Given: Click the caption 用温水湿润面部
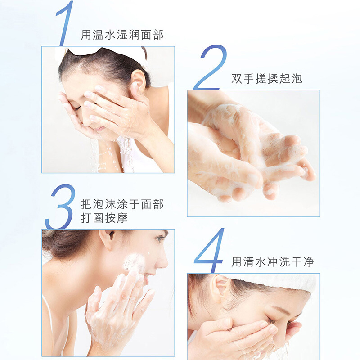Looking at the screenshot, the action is (x=122, y=35).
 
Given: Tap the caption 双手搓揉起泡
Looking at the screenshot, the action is (x=267, y=79).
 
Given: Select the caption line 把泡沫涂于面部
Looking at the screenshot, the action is (x=122, y=204).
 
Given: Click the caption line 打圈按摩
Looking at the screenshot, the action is (x=104, y=218).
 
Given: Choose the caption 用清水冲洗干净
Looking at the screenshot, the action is (x=273, y=262).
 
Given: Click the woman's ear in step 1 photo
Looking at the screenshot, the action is (x=138, y=81).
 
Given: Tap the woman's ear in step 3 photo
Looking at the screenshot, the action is (x=108, y=239).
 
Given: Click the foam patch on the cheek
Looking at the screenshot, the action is (x=135, y=262).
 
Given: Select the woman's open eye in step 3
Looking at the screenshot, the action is (x=161, y=239).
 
